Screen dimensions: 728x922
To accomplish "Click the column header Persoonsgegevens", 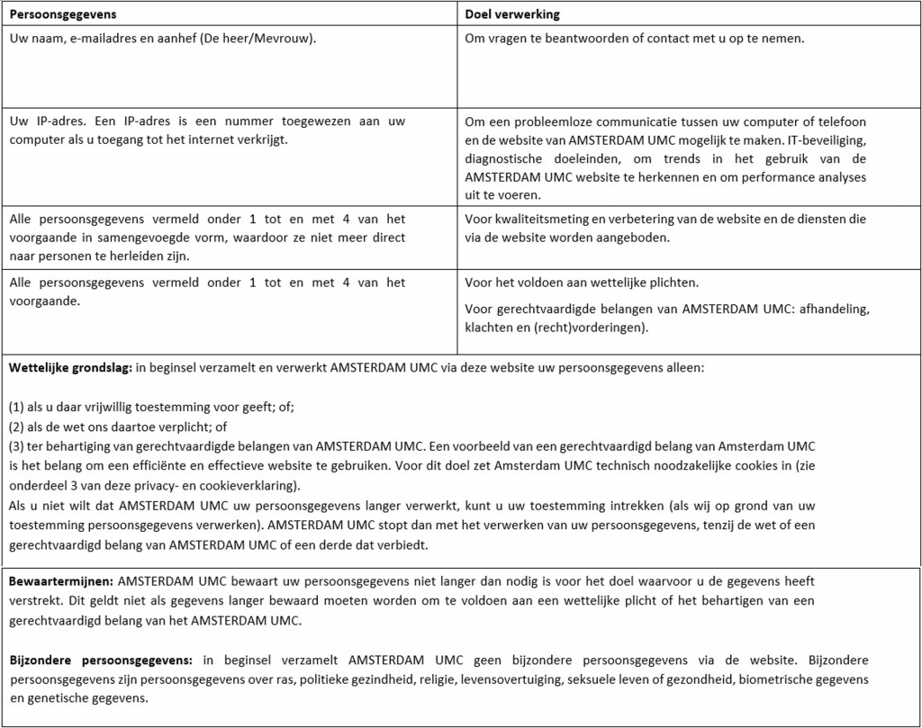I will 62,14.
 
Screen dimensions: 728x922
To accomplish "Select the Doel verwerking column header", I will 514,14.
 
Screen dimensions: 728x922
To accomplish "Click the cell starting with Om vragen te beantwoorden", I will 635,40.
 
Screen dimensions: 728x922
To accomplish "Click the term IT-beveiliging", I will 827,139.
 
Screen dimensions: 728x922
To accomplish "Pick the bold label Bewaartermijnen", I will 61,581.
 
